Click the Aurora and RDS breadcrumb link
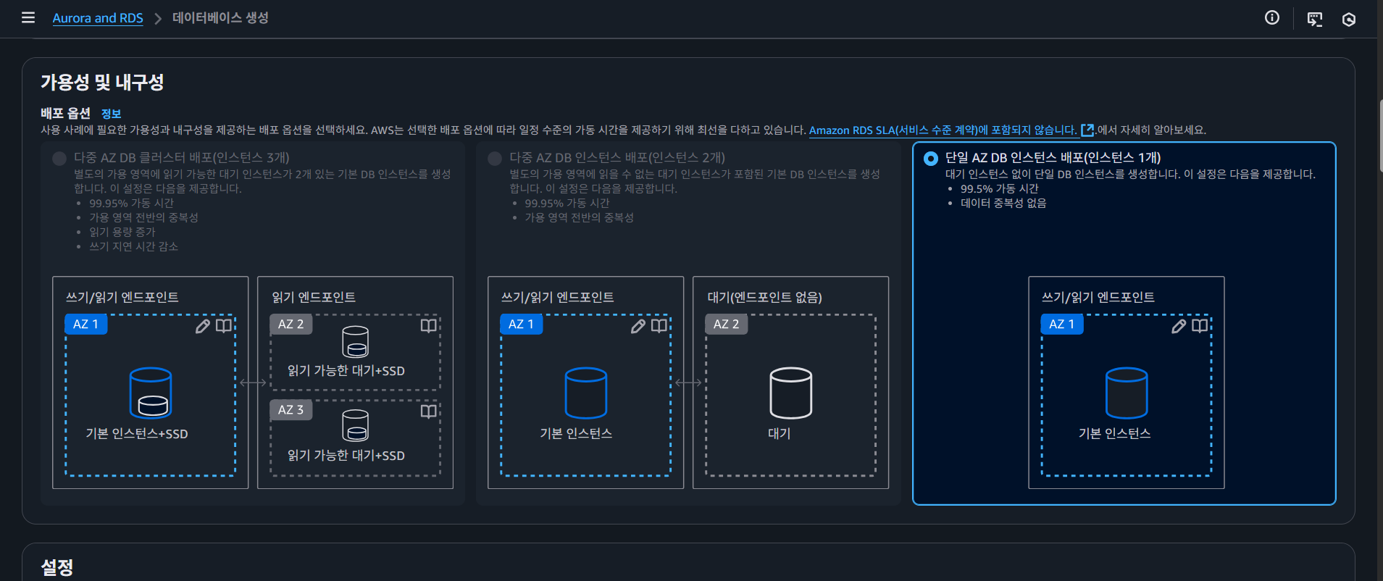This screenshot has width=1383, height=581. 98,18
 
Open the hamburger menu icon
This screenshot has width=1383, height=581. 28,17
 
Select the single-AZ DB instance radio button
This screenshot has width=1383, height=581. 931,159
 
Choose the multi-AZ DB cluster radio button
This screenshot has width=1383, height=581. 59,159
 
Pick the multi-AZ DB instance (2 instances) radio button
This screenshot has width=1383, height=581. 495,159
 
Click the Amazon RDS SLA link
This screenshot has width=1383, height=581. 943,130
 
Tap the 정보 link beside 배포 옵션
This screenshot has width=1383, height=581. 111,114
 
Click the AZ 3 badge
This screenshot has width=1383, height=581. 291,410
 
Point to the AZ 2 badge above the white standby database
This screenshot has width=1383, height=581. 726,325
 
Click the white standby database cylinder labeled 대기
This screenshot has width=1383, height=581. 790,393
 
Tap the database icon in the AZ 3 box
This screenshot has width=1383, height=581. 355,425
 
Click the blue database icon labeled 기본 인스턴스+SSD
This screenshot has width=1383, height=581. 151,393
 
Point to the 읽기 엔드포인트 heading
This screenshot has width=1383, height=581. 314,298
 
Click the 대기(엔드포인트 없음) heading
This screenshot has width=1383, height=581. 764,298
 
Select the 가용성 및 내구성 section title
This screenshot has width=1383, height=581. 102,83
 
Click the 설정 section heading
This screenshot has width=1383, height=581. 57,567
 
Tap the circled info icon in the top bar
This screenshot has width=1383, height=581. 1272,18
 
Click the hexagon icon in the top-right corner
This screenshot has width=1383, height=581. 1348,20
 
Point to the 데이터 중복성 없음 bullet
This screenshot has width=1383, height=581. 1003,204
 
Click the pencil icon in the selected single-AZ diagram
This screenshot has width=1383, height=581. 1179,326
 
